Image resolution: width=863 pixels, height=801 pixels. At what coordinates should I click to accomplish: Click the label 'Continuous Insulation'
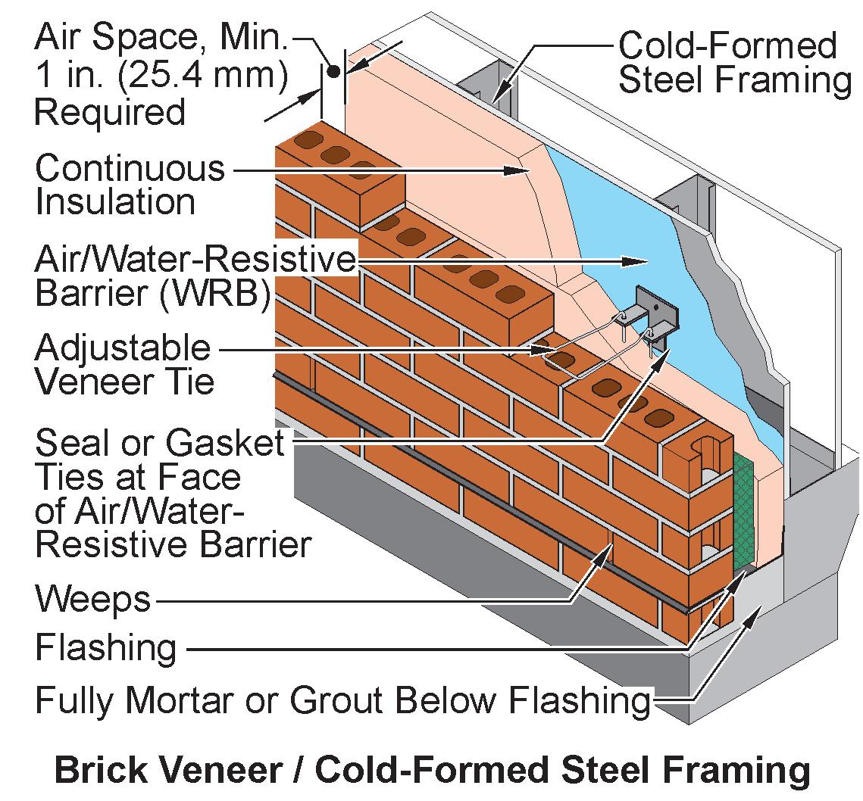point(129,185)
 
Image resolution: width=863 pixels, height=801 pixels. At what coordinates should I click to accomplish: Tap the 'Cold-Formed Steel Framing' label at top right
point(733,62)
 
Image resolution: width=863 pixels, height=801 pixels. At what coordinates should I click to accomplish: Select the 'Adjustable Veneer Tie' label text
point(124,365)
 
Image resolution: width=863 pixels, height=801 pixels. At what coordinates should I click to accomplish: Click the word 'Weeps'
point(93,600)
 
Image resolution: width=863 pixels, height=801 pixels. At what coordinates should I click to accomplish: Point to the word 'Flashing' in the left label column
point(106,648)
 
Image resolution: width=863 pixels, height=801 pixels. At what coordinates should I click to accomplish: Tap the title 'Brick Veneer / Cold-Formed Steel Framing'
point(431,770)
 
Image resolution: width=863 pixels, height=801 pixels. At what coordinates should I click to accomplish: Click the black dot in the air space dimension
point(333,72)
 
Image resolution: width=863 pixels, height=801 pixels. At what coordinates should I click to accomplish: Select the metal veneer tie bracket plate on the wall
point(656,310)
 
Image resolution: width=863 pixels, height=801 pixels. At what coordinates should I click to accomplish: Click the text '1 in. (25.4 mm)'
point(161,78)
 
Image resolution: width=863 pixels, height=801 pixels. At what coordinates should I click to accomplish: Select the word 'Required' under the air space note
point(110,113)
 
